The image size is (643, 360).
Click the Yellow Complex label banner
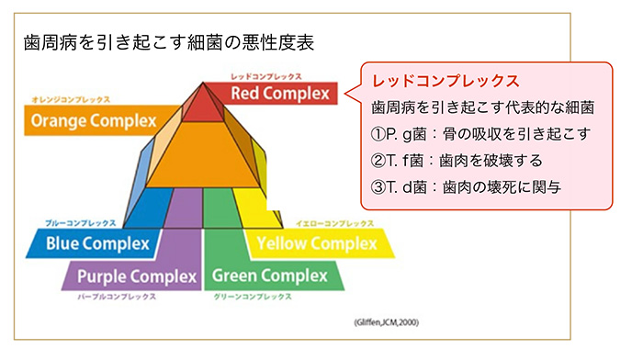pyautogui.click(x=318, y=243)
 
